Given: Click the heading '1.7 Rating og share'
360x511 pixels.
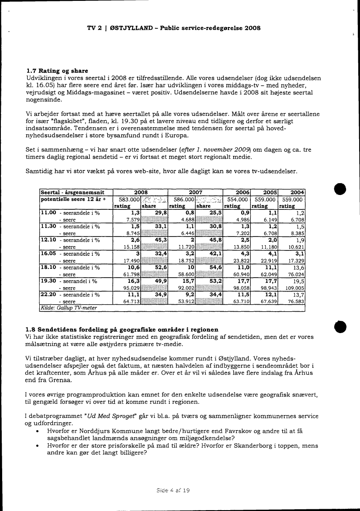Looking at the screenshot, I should point(57,70).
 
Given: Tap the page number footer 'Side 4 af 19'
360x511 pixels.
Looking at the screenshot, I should point(173,490).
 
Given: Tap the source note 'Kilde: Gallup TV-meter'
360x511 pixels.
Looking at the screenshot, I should point(68,308).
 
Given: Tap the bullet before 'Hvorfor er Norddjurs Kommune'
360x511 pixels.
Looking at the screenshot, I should point(40,431).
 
